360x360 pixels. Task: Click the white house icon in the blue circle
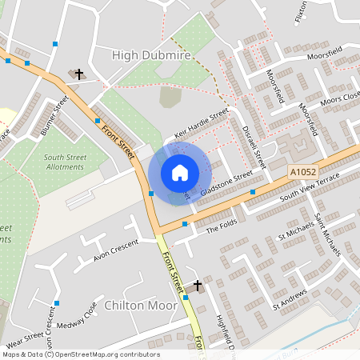[x=180, y=173]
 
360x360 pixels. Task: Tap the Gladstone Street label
[x=227, y=183]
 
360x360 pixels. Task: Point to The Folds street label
[x=223, y=230]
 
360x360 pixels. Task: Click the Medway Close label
[x=82, y=318]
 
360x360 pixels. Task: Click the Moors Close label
[x=339, y=100]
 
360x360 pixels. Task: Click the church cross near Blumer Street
[x=79, y=74]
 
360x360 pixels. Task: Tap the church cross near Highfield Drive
[x=198, y=285]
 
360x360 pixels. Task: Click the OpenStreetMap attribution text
[x=80, y=354]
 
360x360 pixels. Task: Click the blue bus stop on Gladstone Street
[x=253, y=192]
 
